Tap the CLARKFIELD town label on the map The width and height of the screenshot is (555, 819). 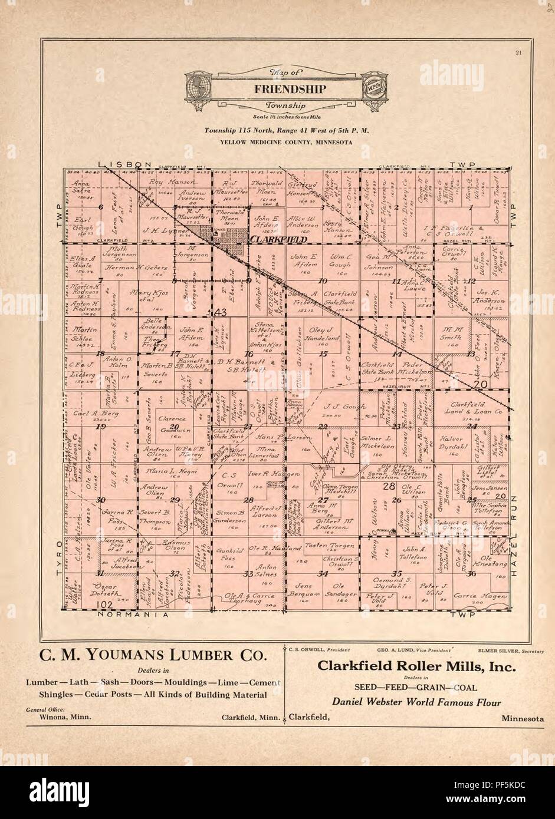[x=278, y=240]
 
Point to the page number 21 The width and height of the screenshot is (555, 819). [x=518, y=54]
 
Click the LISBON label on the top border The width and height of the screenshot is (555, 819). [x=125, y=164]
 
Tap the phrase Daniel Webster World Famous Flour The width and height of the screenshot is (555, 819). [x=416, y=702]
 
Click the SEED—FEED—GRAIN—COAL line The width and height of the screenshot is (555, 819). [x=416, y=687]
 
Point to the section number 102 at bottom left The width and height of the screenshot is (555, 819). [x=106, y=603]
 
